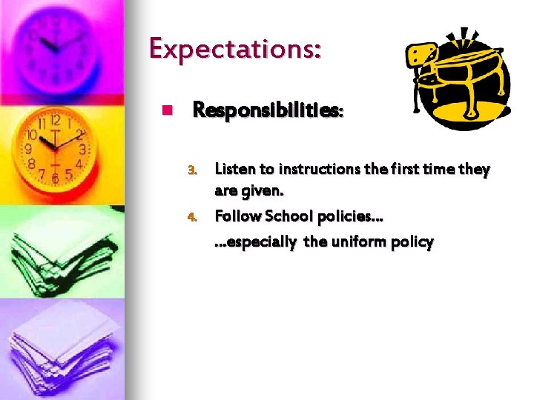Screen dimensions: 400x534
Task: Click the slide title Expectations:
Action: click(x=235, y=48)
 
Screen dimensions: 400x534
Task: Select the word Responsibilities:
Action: click(x=268, y=111)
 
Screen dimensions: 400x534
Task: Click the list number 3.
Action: click(x=191, y=170)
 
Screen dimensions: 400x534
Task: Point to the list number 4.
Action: click(x=191, y=218)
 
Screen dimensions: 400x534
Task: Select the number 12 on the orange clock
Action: click(x=55, y=119)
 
